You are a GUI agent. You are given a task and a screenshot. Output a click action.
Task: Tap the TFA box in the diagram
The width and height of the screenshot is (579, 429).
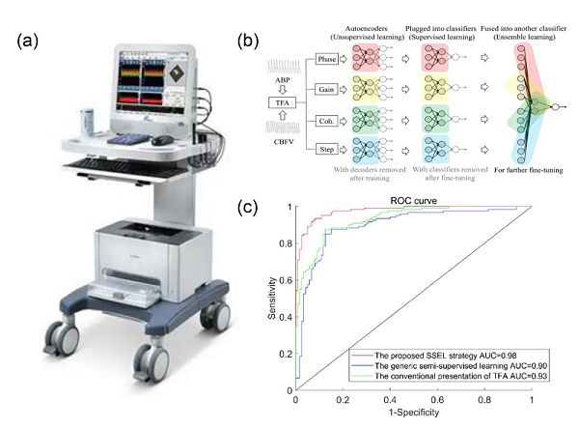280,100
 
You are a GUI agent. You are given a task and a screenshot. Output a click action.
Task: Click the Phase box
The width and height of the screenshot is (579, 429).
328,61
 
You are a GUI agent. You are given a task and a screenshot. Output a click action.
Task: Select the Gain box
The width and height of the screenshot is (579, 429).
328,88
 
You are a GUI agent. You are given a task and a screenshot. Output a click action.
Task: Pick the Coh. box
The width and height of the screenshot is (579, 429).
328,116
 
